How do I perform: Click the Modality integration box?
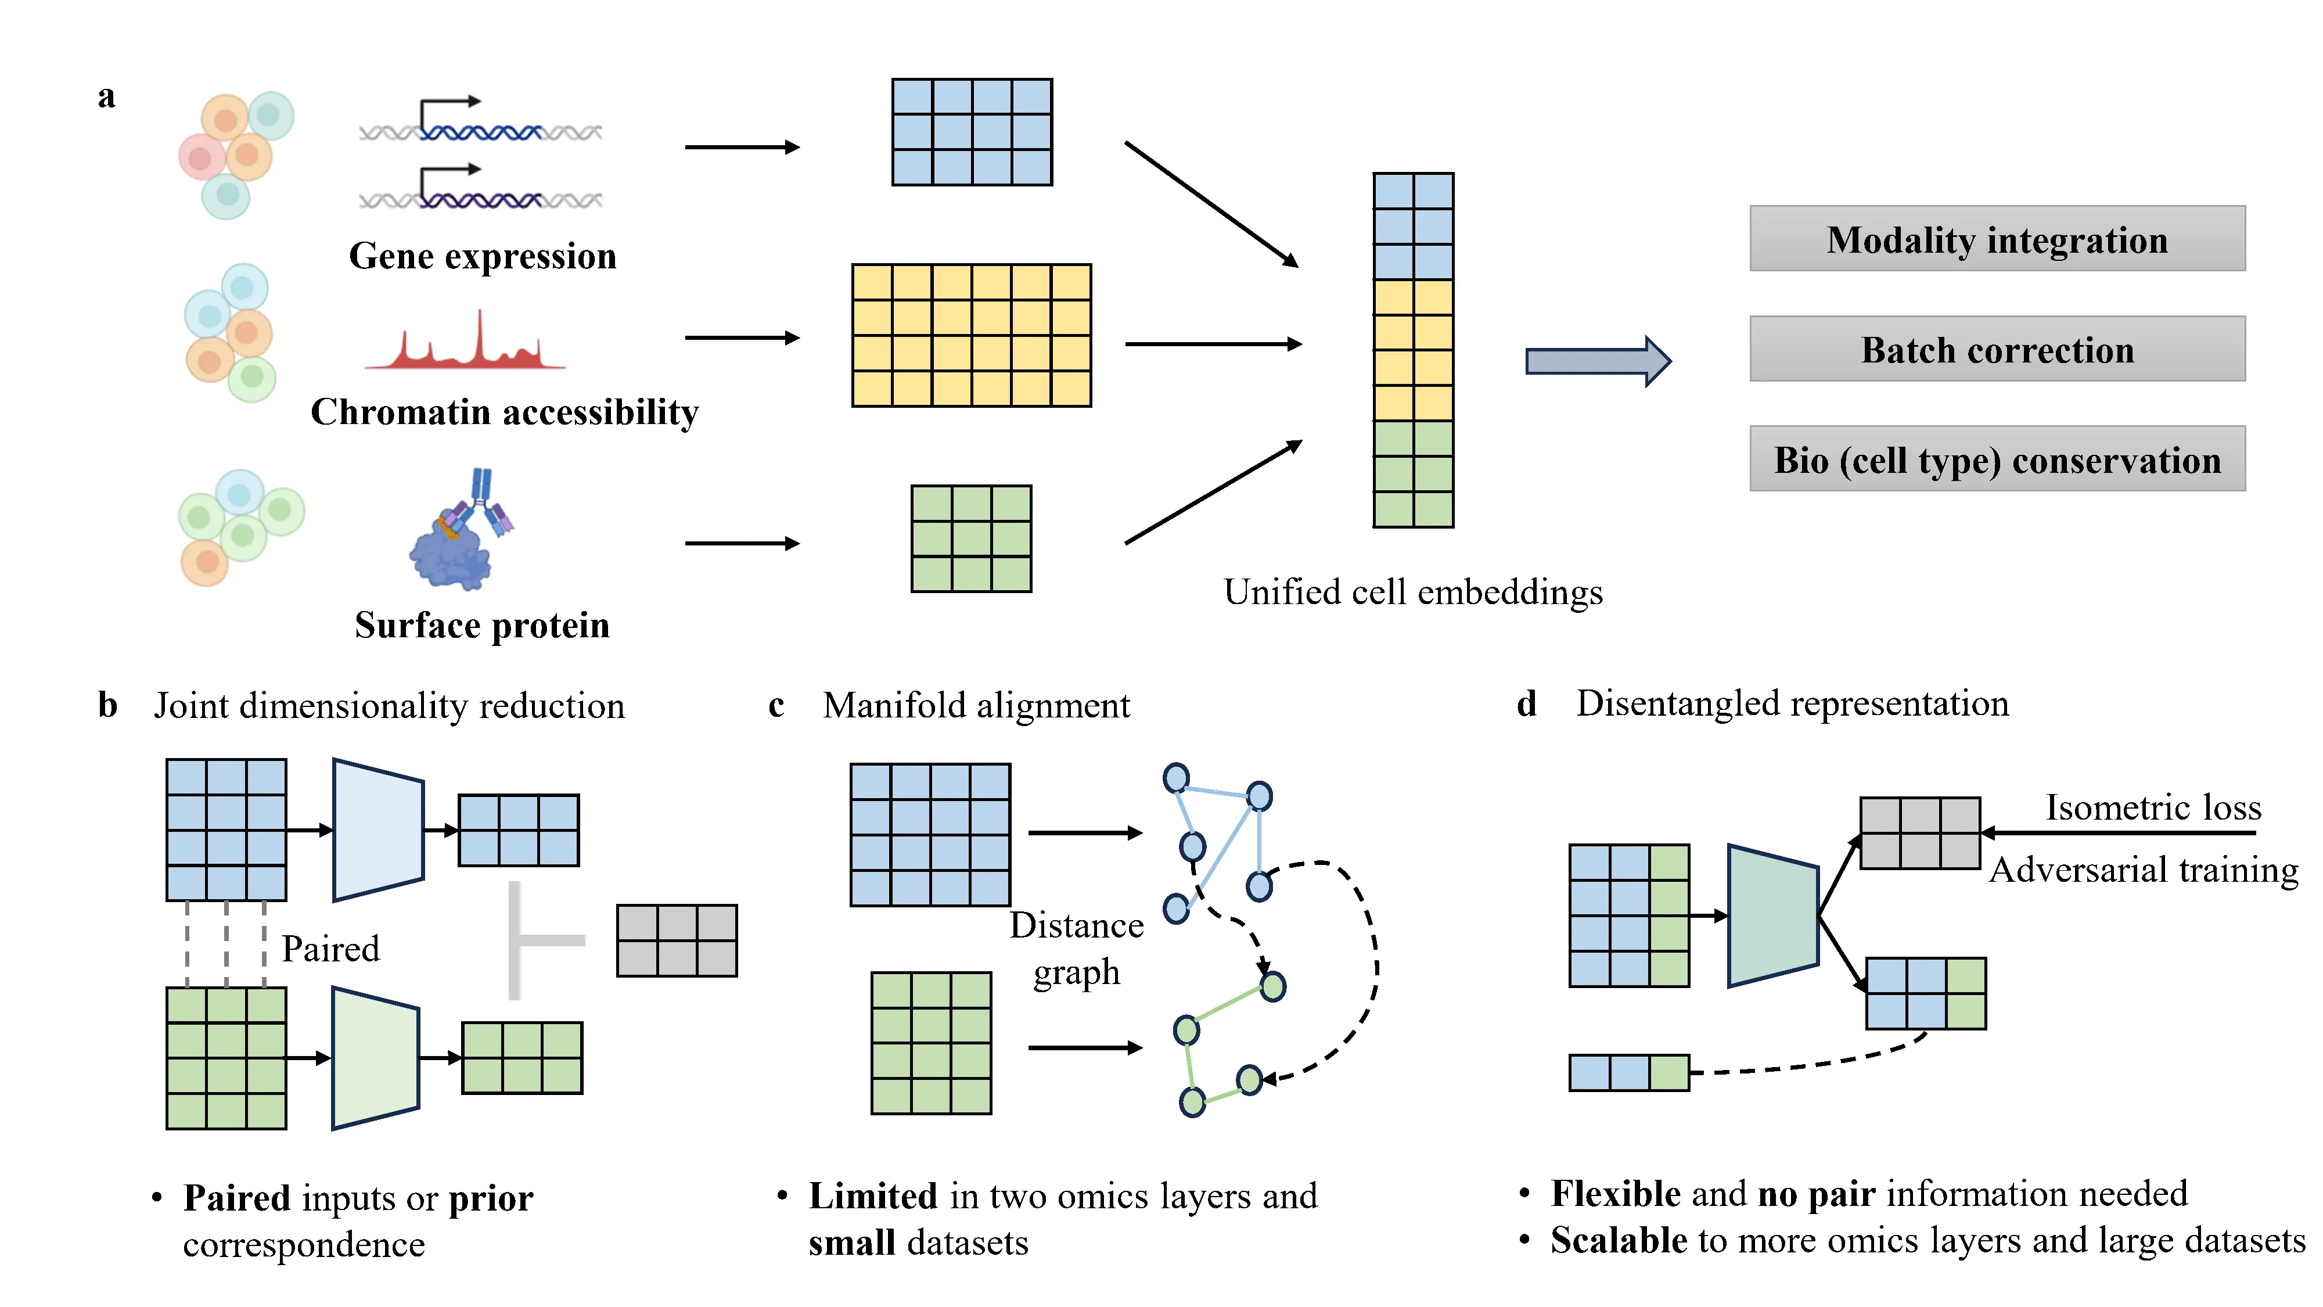tap(1997, 239)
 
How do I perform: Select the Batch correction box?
tap(1997, 349)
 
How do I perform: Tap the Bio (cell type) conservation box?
tap(1997, 459)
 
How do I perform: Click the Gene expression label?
tap(483, 256)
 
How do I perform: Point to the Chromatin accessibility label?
tap(504, 412)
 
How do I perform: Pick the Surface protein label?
tap(481, 625)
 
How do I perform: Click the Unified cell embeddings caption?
tap(1412, 593)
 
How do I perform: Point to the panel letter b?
tap(107, 705)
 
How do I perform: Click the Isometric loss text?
tap(2153, 807)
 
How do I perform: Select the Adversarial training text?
tap(2142, 870)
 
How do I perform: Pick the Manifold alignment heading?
tap(976, 705)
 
